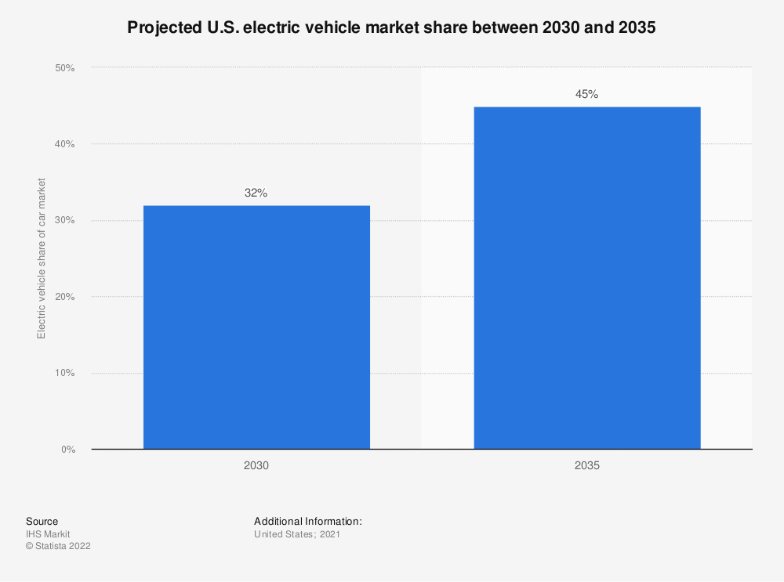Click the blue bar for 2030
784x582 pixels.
click(256, 327)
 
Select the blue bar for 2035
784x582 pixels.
click(586, 277)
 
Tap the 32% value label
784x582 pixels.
click(256, 193)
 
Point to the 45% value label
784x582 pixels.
click(586, 94)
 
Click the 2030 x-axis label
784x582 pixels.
click(256, 465)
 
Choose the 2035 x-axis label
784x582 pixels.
click(586, 465)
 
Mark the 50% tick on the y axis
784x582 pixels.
click(64, 68)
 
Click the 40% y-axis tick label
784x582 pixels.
click(64, 144)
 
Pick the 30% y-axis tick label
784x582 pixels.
click(64, 221)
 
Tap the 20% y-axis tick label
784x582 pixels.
click(64, 297)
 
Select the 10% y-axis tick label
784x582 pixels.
click(64, 373)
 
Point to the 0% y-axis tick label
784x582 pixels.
click(67, 450)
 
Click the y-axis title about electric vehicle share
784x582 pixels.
click(42, 258)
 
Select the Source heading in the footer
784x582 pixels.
click(42, 522)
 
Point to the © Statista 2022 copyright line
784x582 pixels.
click(58, 547)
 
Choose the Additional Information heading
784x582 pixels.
click(307, 522)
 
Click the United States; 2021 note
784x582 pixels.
click(296, 534)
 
